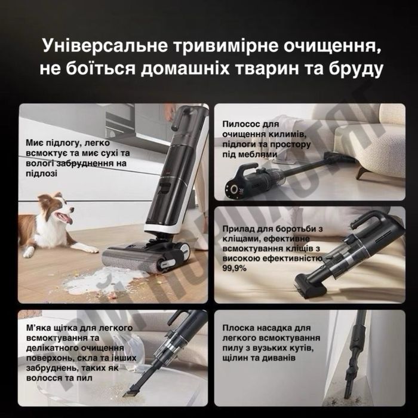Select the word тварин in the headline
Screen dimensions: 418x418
(x=267, y=69)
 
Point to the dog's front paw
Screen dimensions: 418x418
(x=90, y=250)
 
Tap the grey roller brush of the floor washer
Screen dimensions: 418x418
(x=128, y=259)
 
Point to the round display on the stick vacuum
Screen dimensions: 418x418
(x=234, y=189)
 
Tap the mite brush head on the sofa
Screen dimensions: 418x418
(x=311, y=287)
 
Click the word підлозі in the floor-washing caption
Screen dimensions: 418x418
(x=42, y=174)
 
